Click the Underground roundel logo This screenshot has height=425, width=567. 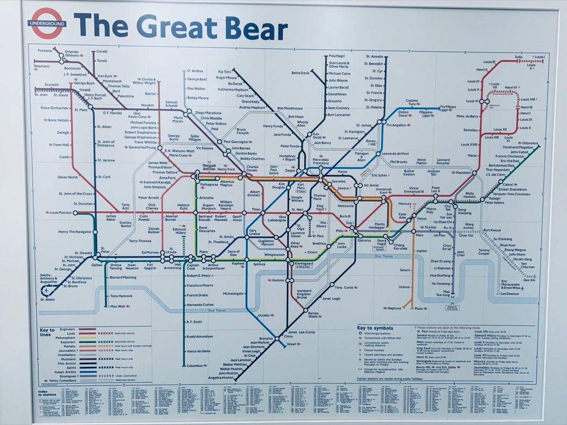point(47,23)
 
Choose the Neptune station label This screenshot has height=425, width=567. point(394,308)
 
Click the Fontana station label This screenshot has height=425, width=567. point(45,51)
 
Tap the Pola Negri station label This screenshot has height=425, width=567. point(337,56)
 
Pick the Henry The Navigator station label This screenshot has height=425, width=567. point(75,232)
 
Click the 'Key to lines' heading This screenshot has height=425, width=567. point(47,332)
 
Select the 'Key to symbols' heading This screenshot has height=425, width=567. point(375,328)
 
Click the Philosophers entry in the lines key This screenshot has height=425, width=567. point(65,338)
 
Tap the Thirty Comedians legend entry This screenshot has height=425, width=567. point(60,380)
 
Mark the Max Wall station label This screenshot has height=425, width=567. point(117,306)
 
